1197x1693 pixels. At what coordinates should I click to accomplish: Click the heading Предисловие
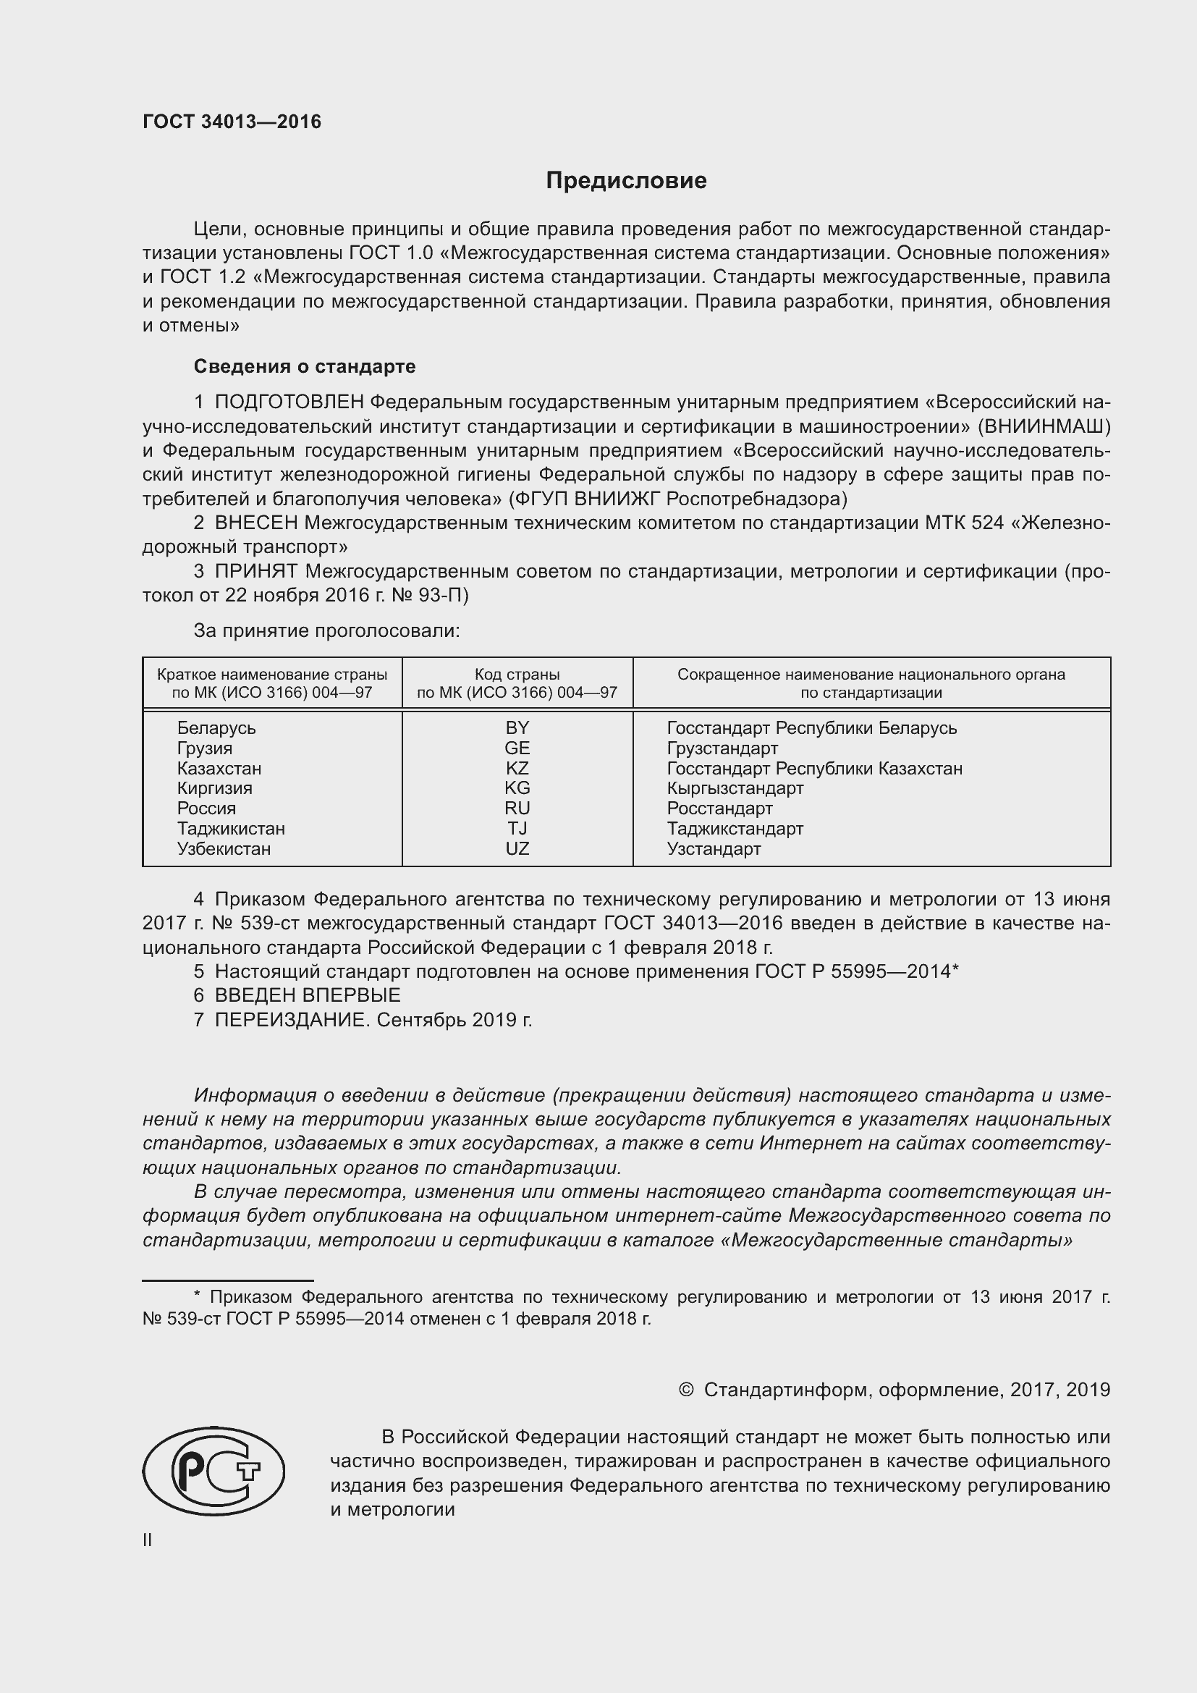pyautogui.click(x=626, y=181)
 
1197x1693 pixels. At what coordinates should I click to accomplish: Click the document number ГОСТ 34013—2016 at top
pyautogui.click(x=232, y=122)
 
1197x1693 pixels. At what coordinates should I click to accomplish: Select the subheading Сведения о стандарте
pyautogui.click(x=305, y=366)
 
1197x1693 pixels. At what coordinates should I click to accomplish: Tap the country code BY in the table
pyautogui.click(x=517, y=727)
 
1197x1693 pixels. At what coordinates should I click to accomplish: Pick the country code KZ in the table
pyautogui.click(x=517, y=769)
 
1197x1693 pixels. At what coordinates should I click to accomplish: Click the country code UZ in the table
pyautogui.click(x=517, y=849)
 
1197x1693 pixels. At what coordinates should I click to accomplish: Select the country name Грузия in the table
pyautogui.click(x=204, y=748)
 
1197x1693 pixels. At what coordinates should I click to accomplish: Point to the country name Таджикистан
pyautogui.click(x=231, y=829)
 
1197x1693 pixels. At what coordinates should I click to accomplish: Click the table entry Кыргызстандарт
pyautogui.click(x=735, y=788)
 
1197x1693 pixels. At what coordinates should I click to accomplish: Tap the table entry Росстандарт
pyautogui.click(x=719, y=809)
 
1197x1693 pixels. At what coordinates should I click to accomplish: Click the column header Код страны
pyautogui.click(x=517, y=675)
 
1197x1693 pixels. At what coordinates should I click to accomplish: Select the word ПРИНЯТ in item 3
pyautogui.click(x=255, y=572)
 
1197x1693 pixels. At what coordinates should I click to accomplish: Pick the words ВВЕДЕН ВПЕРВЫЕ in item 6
pyautogui.click(x=308, y=995)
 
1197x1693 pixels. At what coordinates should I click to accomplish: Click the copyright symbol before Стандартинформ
pyautogui.click(x=685, y=1390)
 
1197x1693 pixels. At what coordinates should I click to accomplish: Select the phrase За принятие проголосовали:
pyautogui.click(x=326, y=631)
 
